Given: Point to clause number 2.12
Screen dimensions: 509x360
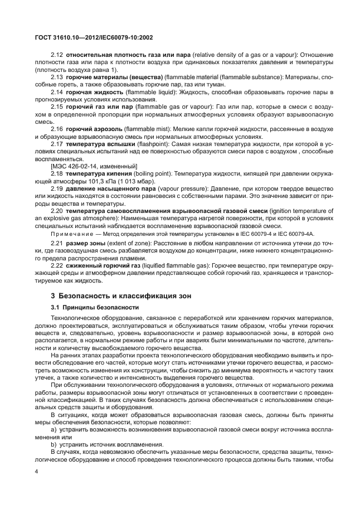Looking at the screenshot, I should click(x=57, y=56).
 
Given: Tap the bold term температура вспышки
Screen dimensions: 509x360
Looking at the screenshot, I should click(x=100, y=143).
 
